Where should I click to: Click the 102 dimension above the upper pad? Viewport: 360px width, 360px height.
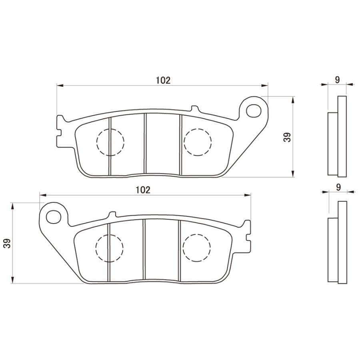(x=163, y=80)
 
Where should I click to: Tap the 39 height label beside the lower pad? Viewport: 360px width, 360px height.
(x=7, y=243)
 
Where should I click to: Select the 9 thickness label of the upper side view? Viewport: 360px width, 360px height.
(x=337, y=80)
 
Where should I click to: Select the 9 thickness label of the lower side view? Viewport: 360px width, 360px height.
(x=338, y=187)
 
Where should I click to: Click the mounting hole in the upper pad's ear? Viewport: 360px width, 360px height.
(x=253, y=109)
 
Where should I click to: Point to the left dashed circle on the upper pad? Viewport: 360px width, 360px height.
(x=110, y=142)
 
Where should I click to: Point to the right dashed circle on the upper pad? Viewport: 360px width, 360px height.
(x=197, y=142)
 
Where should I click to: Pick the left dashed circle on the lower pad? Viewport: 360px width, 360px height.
(x=110, y=248)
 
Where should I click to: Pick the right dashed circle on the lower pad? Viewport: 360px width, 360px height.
(x=196, y=248)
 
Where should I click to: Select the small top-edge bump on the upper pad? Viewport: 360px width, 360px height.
(x=194, y=108)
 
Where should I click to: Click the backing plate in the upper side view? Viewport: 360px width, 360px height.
(x=342, y=136)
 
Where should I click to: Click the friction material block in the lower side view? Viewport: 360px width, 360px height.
(x=333, y=250)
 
